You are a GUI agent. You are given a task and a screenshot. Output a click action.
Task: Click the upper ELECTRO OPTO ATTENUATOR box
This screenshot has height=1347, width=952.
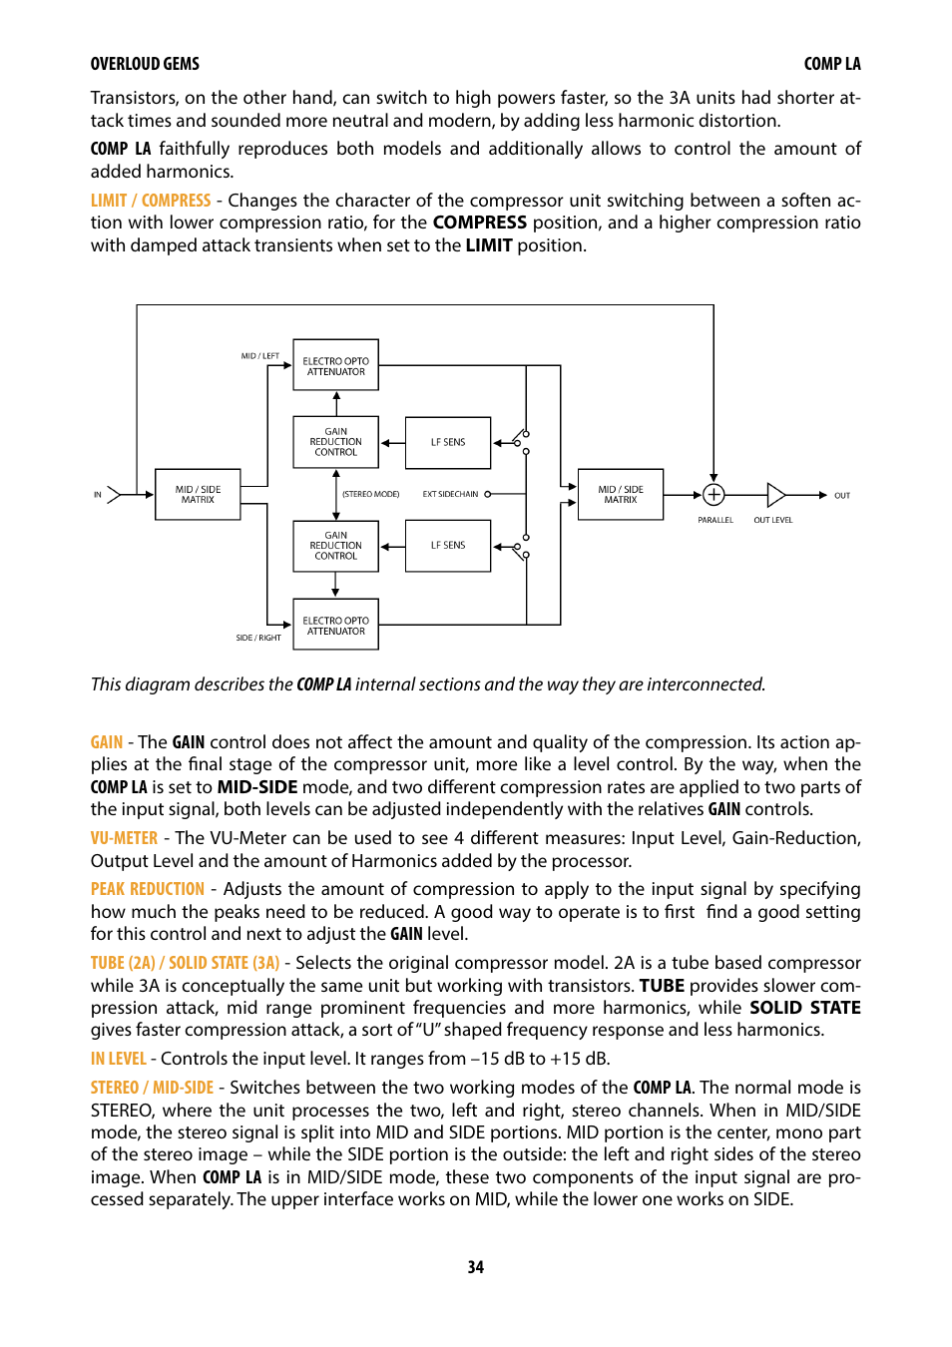pyautogui.click(x=335, y=365)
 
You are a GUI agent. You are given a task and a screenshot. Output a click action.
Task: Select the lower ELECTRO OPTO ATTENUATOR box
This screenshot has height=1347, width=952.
pyautogui.click(x=335, y=625)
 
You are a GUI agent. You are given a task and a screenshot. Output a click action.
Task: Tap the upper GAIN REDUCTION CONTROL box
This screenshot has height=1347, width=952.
pyautogui.click(x=335, y=442)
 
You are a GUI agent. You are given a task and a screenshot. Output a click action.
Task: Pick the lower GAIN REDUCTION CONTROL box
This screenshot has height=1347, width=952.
pyautogui.click(x=335, y=546)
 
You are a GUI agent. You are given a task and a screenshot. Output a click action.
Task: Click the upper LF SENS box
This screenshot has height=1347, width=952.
pyautogui.click(x=447, y=442)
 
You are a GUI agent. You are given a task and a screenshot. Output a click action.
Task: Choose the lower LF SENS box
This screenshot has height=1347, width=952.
pyautogui.click(x=447, y=546)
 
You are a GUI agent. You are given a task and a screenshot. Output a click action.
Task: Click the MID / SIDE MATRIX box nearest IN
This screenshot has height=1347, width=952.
pyautogui.click(x=198, y=494)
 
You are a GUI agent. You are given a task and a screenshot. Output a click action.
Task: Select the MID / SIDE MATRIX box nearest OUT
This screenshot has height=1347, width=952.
pyautogui.click(x=620, y=494)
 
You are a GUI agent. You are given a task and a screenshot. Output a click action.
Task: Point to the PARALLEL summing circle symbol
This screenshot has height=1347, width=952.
pyautogui.click(x=714, y=494)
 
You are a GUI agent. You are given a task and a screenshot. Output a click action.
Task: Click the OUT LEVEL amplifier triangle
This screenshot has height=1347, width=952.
pyautogui.click(x=775, y=494)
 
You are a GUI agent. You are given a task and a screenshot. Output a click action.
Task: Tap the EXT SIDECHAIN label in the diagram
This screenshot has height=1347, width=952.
pyautogui.click(x=450, y=494)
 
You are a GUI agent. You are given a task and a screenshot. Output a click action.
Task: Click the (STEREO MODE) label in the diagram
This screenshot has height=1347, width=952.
pyautogui.click(x=370, y=494)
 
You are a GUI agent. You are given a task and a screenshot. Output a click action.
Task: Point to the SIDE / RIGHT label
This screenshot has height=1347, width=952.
pyautogui.click(x=258, y=638)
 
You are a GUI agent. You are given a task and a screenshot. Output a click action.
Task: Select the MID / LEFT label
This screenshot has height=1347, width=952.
pyautogui.click(x=259, y=355)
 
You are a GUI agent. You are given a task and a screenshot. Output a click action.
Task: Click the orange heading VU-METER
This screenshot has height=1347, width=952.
pyautogui.click(x=124, y=838)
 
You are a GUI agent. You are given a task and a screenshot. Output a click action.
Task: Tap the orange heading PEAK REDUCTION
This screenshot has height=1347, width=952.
pyautogui.click(x=147, y=889)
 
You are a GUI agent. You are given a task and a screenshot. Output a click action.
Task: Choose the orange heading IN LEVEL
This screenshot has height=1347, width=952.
pyautogui.click(x=118, y=1059)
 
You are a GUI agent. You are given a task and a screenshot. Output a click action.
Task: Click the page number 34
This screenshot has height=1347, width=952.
pyautogui.click(x=476, y=1267)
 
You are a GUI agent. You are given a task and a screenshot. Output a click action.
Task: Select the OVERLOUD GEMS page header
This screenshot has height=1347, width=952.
pyautogui.click(x=145, y=64)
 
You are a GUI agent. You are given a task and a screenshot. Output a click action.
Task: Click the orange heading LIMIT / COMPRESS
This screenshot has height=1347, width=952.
pyautogui.click(x=151, y=201)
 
